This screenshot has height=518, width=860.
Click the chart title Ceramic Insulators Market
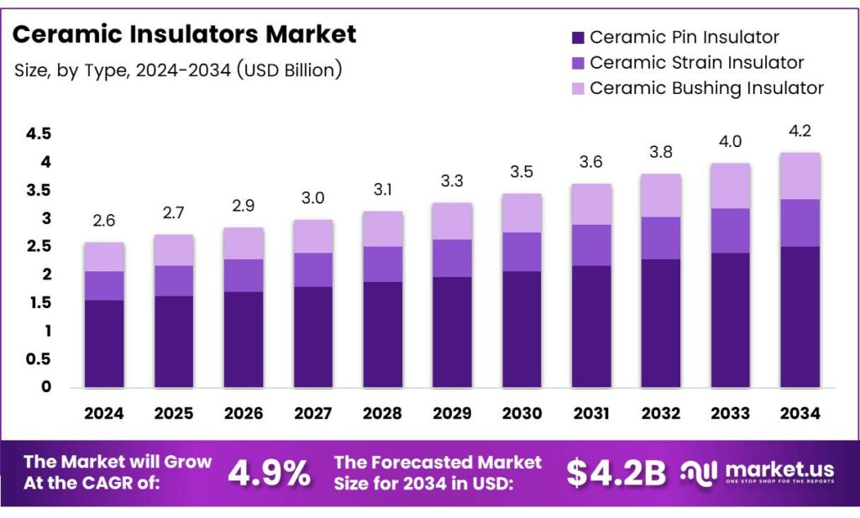click(x=185, y=34)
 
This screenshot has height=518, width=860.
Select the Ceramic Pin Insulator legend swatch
click(x=577, y=38)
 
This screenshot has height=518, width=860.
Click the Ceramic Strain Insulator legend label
click(x=696, y=63)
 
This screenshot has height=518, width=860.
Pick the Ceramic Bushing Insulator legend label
click(x=706, y=88)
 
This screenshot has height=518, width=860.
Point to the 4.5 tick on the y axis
click(x=39, y=134)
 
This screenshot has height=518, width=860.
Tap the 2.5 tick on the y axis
click(x=39, y=247)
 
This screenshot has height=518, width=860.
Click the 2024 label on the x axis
click(x=104, y=413)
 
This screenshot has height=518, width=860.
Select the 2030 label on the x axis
click(x=522, y=413)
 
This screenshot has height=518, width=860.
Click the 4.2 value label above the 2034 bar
click(x=800, y=131)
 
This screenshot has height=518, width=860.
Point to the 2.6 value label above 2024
click(x=104, y=221)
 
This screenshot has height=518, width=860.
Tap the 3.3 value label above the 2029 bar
click(x=452, y=181)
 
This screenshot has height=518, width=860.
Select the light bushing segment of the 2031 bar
click(x=591, y=204)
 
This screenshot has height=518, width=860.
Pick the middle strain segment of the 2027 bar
click(x=313, y=269)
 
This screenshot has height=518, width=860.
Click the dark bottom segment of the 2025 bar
click(x=174, y=342)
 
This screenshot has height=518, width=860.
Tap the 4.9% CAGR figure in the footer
click(x=269, y=473)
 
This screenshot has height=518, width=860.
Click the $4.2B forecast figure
click(x=616, y=473)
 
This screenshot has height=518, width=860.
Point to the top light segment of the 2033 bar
click(x=730, y=186)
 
